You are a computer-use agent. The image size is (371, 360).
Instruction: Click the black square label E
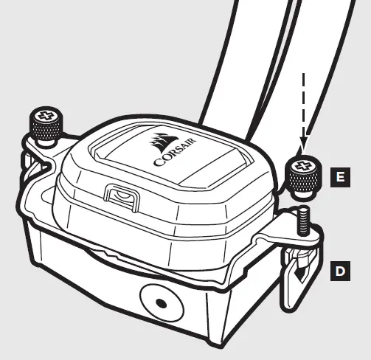point(339,177)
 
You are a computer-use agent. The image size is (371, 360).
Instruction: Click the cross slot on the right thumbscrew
point(302,166)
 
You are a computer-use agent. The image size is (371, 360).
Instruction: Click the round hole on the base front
point(159,303)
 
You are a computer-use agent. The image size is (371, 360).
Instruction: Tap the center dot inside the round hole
point(159,303)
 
